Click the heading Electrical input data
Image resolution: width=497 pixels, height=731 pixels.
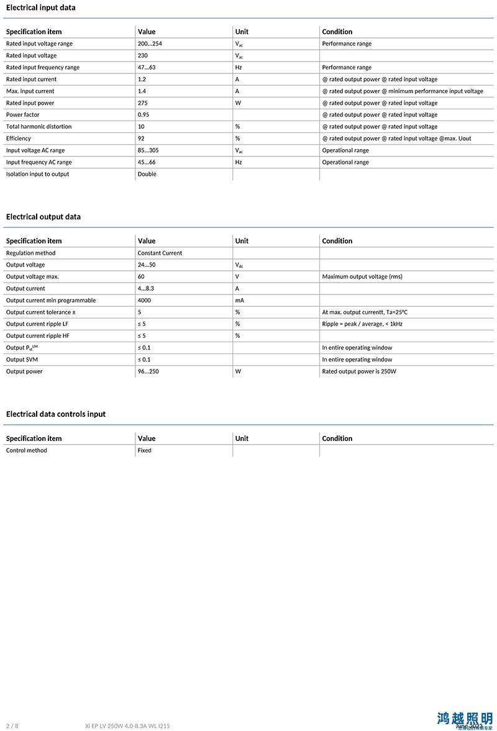tap(40, 7)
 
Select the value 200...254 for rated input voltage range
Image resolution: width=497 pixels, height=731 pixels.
tap(150, 43)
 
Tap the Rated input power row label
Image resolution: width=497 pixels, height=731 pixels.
tap(30, 103)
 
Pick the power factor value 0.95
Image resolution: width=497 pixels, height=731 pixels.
tap(144, 115)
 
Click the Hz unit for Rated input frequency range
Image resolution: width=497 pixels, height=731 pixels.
tap(239, 67)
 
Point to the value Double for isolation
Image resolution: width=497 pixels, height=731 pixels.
tap(147, 174)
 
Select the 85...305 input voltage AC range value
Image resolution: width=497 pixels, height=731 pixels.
tap(148, 150)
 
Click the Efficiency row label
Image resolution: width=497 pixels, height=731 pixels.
tap(18, 138)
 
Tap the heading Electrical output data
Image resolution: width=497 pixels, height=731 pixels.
tap(43, 217)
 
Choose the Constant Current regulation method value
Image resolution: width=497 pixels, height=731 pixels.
tap(160, 253)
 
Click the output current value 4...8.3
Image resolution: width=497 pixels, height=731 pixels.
tap(146, 288)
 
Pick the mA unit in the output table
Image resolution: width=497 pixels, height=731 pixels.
tap(239, 300)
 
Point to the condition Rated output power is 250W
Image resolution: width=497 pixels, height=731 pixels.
tap(359, 371)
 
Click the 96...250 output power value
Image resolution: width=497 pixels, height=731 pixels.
tap(148, 371)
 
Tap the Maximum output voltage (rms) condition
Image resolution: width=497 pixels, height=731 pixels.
tap(362, 276)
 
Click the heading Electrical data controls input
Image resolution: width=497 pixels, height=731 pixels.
tap(56, 414)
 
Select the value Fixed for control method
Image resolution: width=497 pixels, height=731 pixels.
tap(145, 450)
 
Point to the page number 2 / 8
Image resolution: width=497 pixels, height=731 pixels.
tap(12, 725)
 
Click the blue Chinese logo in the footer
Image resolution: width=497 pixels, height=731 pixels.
tap(465, 719)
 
